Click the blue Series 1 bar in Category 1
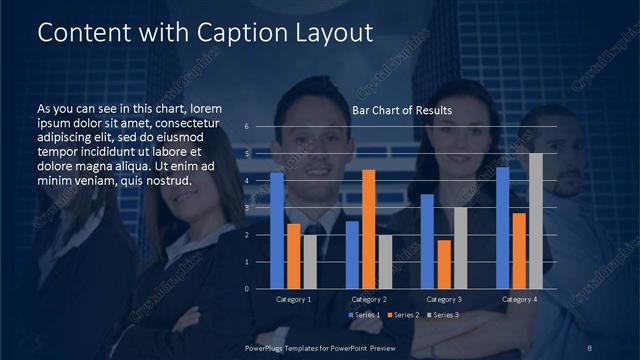277,230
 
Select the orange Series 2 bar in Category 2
368,229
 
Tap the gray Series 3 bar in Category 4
535,220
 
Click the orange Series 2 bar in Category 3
444,264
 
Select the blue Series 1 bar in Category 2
352,254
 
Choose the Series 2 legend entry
403,315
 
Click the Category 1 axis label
293,299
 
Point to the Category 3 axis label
444,299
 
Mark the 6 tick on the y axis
261,127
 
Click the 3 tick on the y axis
261,208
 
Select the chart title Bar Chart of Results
402,110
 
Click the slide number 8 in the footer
590,346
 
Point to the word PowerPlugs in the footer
267,346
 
